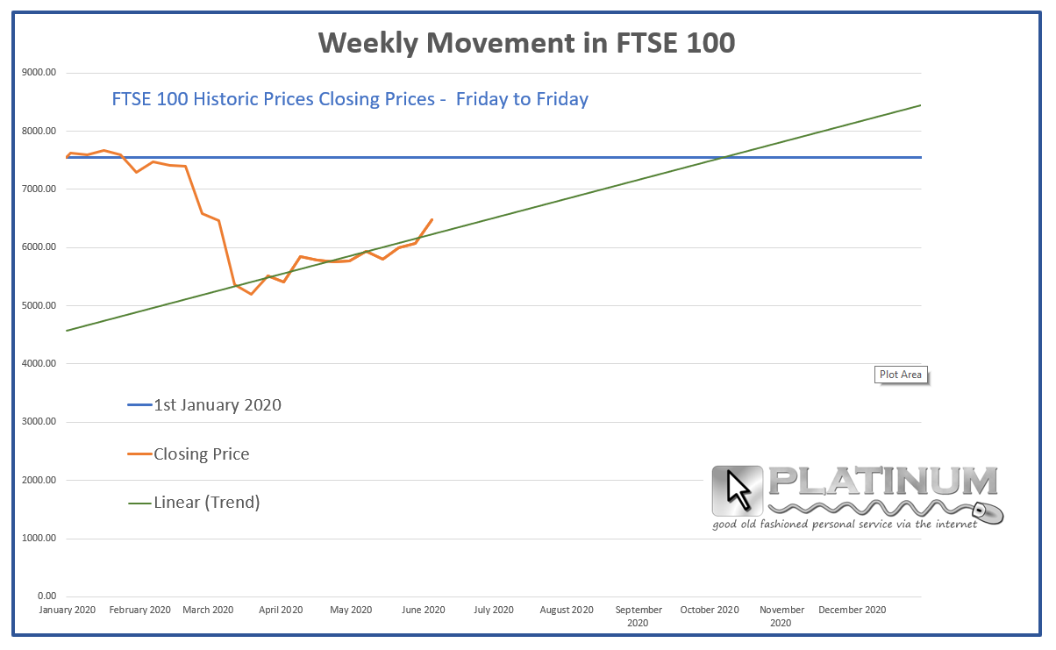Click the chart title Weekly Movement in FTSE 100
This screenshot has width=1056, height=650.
[x=526, y=42]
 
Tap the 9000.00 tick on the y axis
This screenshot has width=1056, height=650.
[x=39, y=73]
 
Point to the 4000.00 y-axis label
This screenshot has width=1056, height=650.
[x=39, y=363]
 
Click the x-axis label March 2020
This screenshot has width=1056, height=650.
[x=208, y=610]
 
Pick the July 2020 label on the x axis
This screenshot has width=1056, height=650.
[x=493, y=610]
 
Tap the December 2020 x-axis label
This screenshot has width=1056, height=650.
[x=852, y=610]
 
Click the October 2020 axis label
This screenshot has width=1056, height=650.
[x=710, y=610]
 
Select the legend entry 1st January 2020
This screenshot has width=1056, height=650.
[x=217, y=405]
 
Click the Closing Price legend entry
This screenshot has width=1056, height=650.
[x=201, y=454]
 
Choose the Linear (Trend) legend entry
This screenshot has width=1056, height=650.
[x=206, y=503]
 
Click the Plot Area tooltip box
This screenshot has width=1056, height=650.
[x=900, y=375]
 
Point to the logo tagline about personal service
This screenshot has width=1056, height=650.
[x=844, y=525]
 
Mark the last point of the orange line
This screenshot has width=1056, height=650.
[x=432, y=219]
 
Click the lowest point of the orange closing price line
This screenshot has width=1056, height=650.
[x=251, y=294]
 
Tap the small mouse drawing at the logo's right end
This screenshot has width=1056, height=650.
[x=991, y=514]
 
